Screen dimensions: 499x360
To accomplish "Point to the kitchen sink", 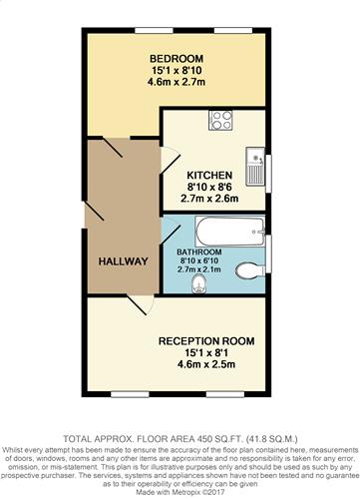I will (x=256, y=161).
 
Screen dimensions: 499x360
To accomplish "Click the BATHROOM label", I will (x=200, y=251).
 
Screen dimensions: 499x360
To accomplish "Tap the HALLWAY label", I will (x=123, y=261).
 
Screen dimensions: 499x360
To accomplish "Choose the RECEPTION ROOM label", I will (x=207, y=341).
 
